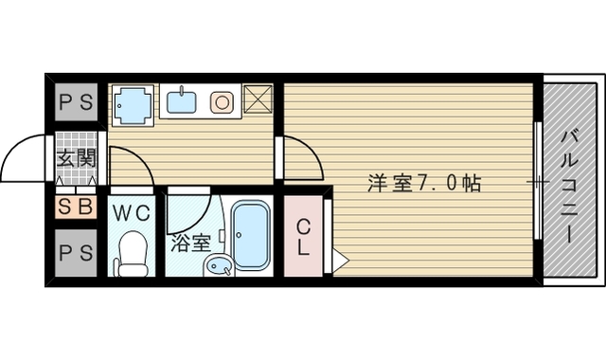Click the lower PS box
[75, 253]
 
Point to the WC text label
[132, 212]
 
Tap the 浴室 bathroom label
[189, 243]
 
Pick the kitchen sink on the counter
[182, 99]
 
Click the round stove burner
[222, 100]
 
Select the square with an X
[258, 99]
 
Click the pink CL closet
[303, 237]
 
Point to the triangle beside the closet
[340, 258]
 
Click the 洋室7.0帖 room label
[424, 183]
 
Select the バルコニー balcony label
[571, 181]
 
